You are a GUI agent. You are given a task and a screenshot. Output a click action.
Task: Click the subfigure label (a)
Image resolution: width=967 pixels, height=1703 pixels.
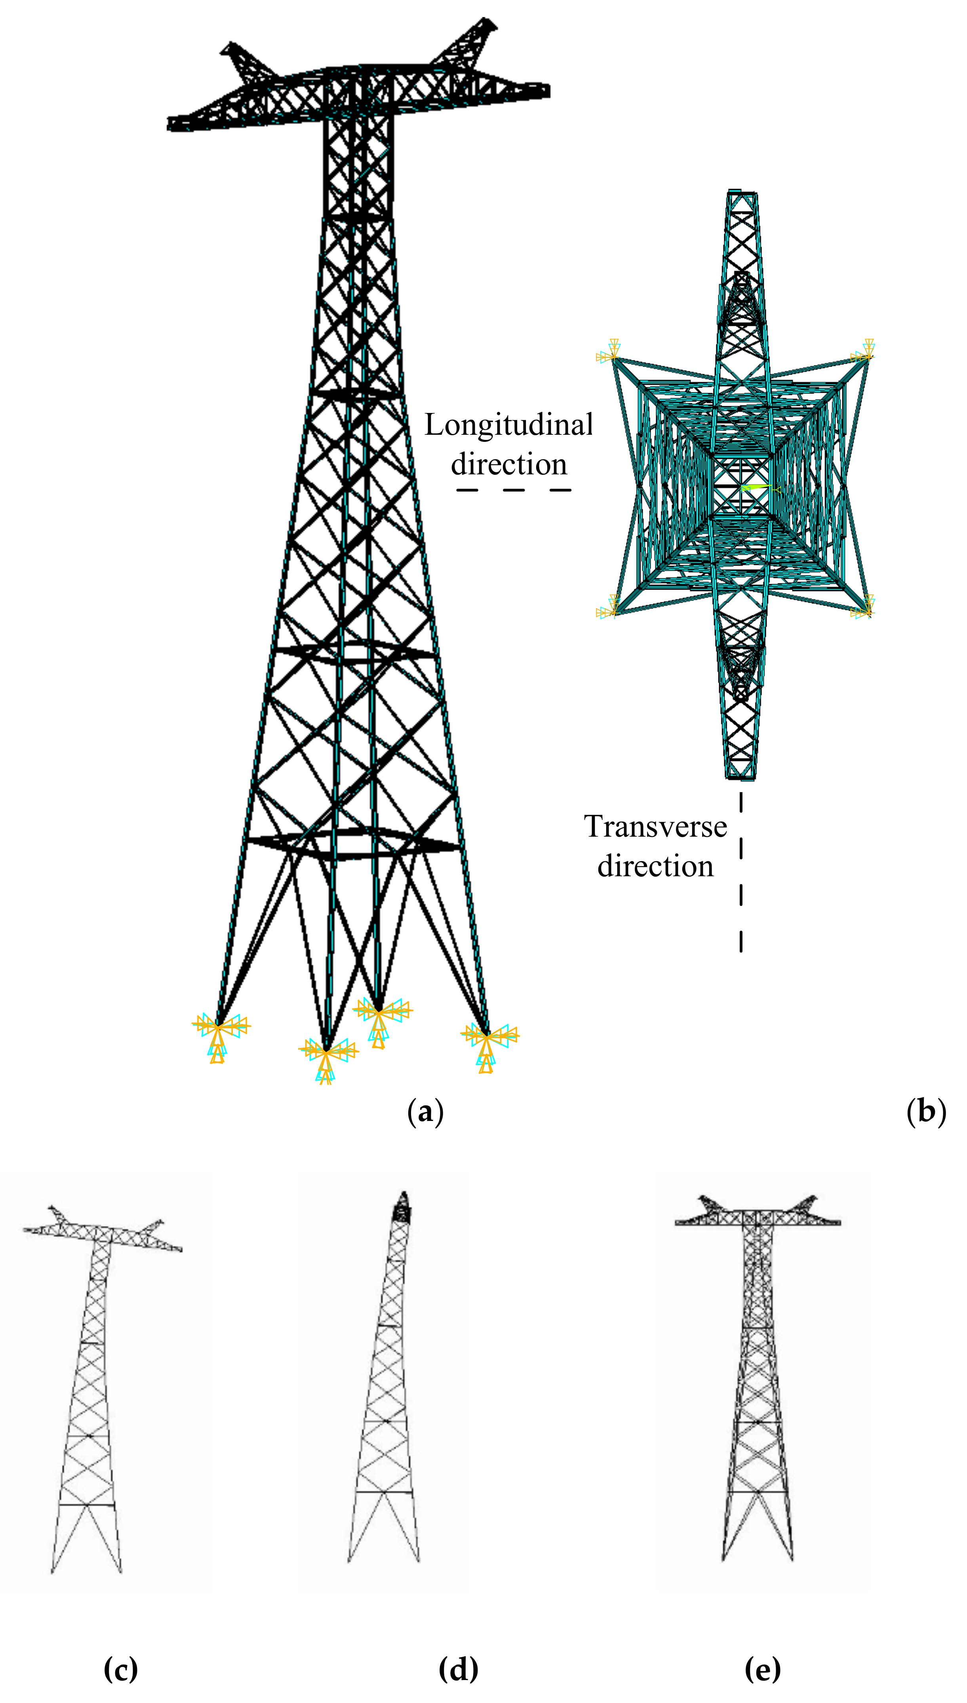coord(425,1111)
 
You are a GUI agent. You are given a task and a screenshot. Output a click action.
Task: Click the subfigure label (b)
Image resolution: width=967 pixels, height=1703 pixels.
coord(926,1111)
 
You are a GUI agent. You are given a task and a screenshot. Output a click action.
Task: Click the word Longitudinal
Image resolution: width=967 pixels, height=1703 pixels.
coord(509,425)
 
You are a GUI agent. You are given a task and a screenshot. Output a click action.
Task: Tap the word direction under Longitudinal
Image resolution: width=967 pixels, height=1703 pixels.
coord(509,464)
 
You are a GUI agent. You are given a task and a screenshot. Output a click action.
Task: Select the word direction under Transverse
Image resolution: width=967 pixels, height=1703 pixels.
coord(655,866)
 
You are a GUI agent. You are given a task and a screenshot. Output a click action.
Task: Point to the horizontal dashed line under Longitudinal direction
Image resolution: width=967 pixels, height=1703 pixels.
coord(513,490)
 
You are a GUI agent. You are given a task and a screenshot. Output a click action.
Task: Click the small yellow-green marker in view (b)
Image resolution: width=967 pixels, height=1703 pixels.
coord(756,488)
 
